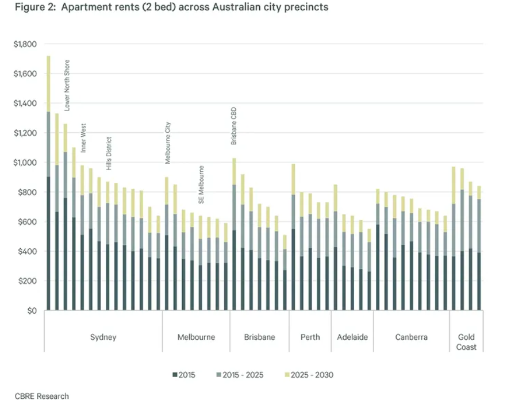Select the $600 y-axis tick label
coord(27,222)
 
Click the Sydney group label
coord(103,337)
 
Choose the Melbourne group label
coord(196,337)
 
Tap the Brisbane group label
coord(259,337)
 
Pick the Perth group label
coord(310,337)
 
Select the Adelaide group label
coord(352,337)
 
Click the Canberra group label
coord(411,337)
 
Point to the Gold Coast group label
coord(466,342)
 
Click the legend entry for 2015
coord(183,375)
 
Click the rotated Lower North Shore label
coord(67,85)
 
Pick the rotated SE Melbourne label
coord(202,186)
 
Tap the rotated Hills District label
coord(109,153)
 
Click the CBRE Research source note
coord(42,396)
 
